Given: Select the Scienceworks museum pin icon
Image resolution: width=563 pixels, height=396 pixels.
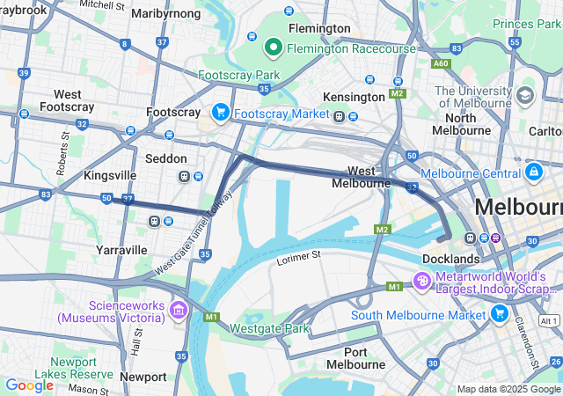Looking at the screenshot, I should (179, 310).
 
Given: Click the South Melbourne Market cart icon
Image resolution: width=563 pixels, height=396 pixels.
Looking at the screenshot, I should (500, 313).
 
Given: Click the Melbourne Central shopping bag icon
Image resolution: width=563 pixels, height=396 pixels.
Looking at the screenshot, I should (533, 171).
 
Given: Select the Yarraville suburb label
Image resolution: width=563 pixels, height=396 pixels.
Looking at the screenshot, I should (121, 250).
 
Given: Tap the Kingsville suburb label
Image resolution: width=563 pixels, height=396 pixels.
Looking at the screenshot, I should (110, 175).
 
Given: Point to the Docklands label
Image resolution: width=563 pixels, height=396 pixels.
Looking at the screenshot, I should (450, 259).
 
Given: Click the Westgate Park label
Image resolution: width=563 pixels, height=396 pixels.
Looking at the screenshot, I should (270, 328).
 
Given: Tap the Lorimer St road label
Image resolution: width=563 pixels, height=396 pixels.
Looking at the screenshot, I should (299, 254).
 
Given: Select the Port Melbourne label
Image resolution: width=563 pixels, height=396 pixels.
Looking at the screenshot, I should (355, 357).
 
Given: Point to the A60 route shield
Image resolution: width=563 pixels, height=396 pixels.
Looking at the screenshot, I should (441, 64).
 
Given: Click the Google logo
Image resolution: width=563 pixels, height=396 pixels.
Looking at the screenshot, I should (29, 385).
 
